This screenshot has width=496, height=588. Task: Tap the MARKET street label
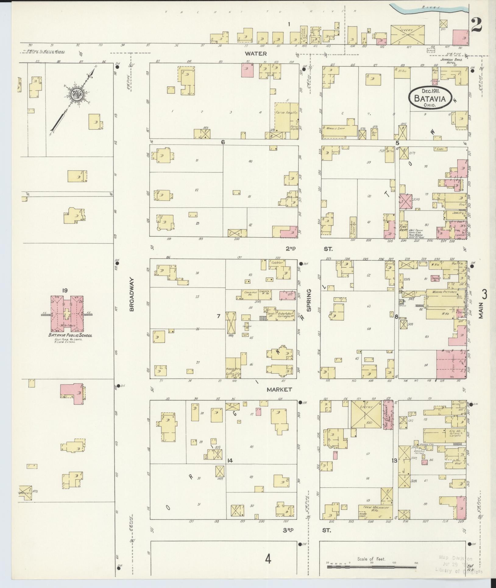279,389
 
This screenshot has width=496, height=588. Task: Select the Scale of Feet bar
371,567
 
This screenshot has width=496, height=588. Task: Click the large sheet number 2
476,25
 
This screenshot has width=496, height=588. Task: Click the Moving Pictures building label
442,292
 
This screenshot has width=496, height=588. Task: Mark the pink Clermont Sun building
388,415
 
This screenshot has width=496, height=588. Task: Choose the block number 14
230,469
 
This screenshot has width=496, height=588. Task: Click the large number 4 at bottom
268,559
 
